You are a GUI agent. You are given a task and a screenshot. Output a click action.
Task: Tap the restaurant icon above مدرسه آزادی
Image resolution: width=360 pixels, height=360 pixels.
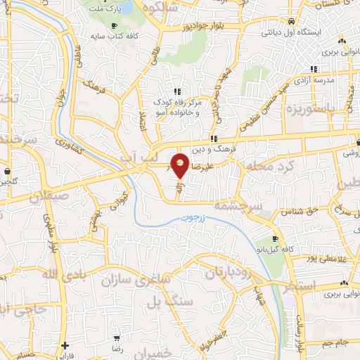[313, 69]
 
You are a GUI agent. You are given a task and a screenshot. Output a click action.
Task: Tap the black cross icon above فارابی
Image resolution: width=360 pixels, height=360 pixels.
[64, 345]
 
